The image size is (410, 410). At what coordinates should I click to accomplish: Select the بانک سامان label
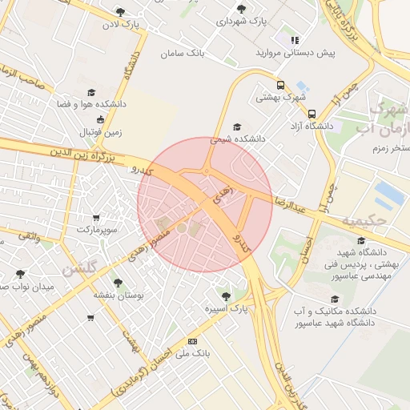click(x=183, y=53)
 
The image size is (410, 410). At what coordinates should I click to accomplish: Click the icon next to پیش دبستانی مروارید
click(x=295, y=39)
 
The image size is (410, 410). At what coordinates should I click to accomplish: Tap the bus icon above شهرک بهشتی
click(x=280, y=85)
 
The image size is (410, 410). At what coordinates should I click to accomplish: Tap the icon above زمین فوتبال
click(x=99, y=119)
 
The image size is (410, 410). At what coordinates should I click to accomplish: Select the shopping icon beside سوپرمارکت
click(x=96, y=217)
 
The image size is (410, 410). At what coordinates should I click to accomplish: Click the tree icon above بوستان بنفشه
click(x=119, y=283)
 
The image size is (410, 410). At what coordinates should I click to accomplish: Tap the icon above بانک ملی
click(x=191, y=341)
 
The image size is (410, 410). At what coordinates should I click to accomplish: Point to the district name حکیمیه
click(x=364, y=219)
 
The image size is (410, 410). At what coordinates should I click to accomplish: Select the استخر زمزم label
click(x=391, y=148)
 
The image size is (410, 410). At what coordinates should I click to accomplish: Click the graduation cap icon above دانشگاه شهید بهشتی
click(x=360, y=240)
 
